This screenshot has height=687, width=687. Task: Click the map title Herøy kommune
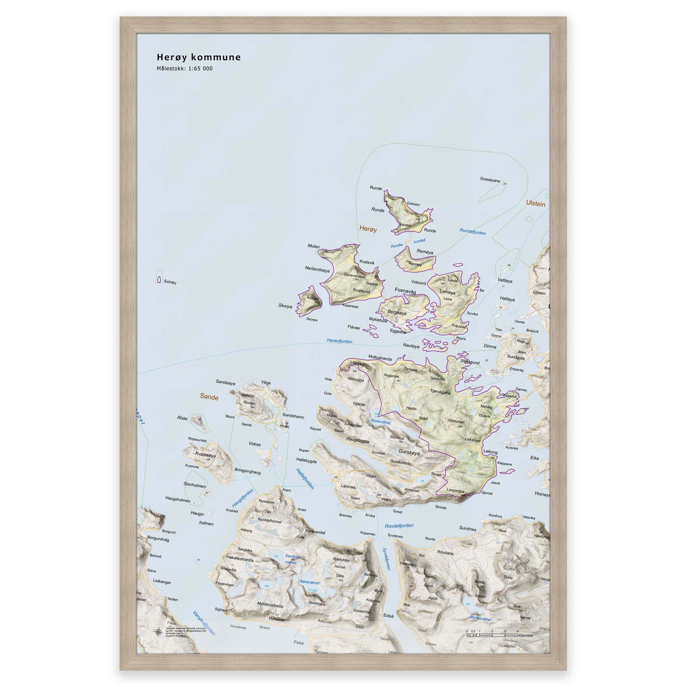(199, 57)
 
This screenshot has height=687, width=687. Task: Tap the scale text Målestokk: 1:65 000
(184, 69)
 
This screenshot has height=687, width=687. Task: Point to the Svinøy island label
(170, 282)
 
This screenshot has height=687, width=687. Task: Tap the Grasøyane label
(490, 179)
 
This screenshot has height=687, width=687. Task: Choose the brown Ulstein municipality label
(535, 204)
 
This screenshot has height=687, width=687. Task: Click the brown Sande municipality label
(209, 397)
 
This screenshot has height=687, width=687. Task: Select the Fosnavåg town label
(405, 291)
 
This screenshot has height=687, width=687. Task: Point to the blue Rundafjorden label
(473, 231)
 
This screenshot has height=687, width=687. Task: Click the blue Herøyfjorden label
(339, 341)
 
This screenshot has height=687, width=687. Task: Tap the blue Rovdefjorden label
(399, 526)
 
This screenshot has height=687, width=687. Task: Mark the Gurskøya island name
(409, 453)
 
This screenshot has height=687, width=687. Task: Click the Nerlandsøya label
(317, 270)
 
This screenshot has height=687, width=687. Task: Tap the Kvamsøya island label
(205, 455)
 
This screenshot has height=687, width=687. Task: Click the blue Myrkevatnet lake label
(480, 619)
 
